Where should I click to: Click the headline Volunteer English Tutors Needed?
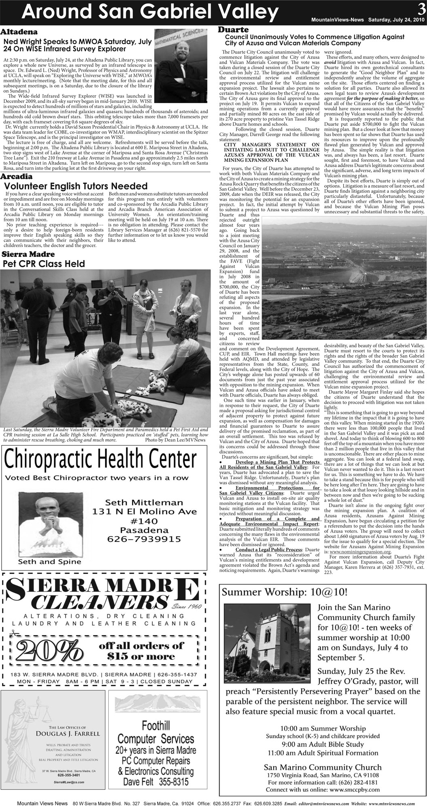(76, 186)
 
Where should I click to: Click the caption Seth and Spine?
(49, 562)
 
